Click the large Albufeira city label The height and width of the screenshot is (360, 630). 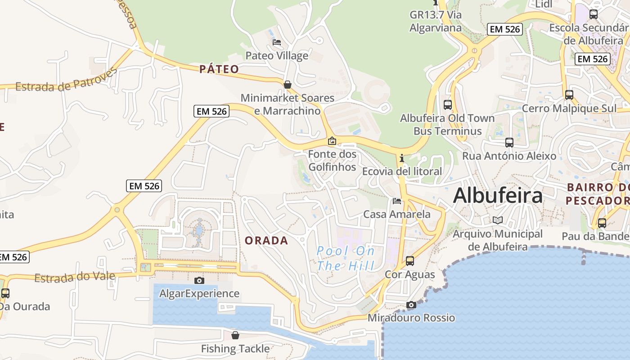tap(498, 196)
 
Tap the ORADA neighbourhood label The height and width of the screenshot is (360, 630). tap(266, 240)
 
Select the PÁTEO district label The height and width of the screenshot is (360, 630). tap(219, 69)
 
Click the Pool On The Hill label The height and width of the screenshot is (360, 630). tap(346, 258)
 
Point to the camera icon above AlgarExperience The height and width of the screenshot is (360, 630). tap(199, 280)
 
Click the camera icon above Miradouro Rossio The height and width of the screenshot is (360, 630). tap(411, 305)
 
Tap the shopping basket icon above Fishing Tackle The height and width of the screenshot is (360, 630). tap(235, 335)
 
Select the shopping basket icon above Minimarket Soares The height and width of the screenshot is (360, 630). tap(287, 85)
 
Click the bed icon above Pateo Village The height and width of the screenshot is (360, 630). tap(277, 42)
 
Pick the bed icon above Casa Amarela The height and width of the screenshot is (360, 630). tap(396, 201)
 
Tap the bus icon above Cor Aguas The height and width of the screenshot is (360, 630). tap(410, 261)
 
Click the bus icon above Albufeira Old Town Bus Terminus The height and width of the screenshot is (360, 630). tap(447, 105)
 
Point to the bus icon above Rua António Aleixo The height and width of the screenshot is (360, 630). tap(509, 143)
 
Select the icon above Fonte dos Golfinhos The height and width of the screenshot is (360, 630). tap(332, 141)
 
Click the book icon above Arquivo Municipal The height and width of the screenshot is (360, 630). tap(497, 220)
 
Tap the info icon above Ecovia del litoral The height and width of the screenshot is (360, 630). tap(401, 158)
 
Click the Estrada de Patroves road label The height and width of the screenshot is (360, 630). tap(66, 81)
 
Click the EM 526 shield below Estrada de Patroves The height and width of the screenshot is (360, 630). tap(211, 111)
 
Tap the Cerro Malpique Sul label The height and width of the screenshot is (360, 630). tap(569, 108)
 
